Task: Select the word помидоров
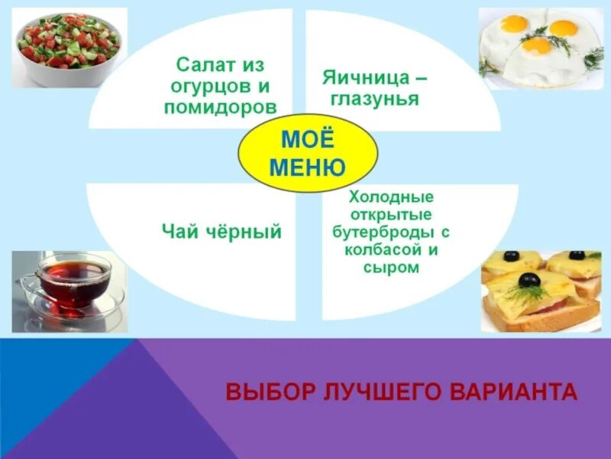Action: pyautogui.click(x=220, y=106)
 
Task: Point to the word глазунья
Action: pyautogui.click(x=377, y=99)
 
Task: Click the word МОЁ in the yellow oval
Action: pyautogui.click(x=308, y=140)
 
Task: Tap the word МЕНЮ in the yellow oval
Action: pyautogui.click(x=308, y=167)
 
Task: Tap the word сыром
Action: pyautogui.click(x=393, y=267)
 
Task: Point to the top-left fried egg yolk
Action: pyautogui.click(x=514, y=24)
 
